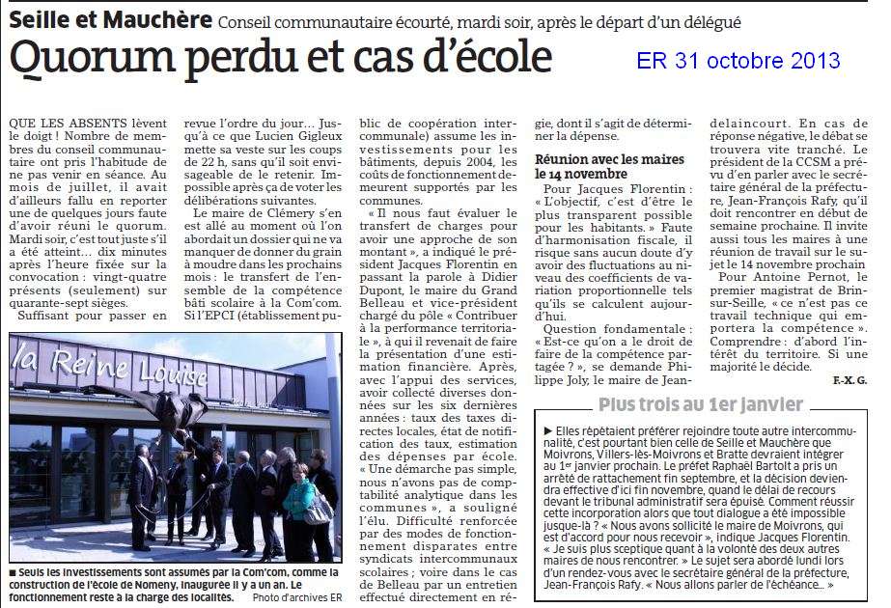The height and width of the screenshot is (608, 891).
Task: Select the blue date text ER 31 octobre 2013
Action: [738, 62]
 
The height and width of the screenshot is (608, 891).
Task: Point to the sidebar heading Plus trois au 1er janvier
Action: [700, 404]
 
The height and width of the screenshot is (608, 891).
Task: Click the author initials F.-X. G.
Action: [850, 381]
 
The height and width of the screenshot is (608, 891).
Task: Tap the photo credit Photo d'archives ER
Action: [297, 597]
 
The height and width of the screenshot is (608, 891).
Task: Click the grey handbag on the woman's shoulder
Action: [320, 509]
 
